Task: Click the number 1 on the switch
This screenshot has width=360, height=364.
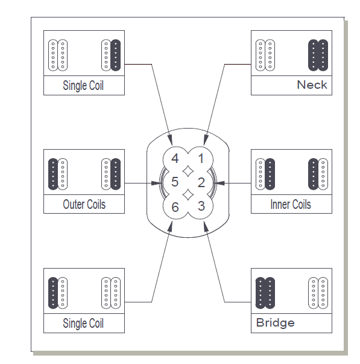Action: [x=201, y=159]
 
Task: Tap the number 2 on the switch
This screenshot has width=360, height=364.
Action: [x=201, y=182]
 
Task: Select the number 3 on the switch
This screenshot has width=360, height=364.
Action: [x=201, y=205]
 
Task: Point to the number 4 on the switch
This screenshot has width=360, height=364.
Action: [x=175, y=159]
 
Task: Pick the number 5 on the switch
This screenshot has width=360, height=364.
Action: [x=175, y=182]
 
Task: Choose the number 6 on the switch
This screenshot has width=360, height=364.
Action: [x=175, y=206]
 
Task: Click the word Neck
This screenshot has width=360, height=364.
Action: [x=312, y=85]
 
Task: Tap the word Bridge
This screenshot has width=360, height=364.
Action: [x=276, y=322]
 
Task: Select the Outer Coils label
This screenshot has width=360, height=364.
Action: [x=84, y=204]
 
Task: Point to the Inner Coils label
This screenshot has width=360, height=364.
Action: [x=291, y=204]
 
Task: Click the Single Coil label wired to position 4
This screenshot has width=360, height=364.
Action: [x=83, y=85]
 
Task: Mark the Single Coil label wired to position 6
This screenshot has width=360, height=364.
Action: [x=83, y=323]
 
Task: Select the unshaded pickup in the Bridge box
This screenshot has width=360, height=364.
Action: [x=318, y=292]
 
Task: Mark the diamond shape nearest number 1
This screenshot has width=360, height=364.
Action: [x=188, y=170]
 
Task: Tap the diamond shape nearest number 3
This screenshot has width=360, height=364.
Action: [x=188, y=194]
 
